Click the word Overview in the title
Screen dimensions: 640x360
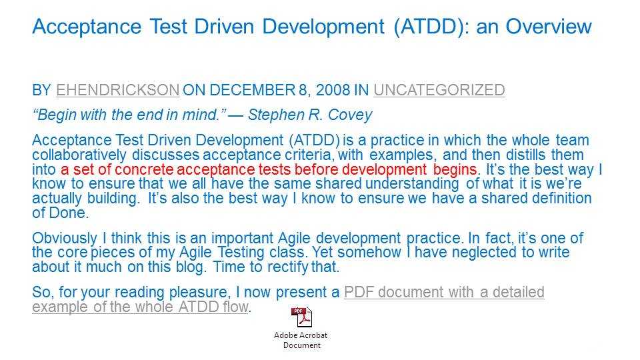[549, 27]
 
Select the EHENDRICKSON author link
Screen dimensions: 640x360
[117, 90]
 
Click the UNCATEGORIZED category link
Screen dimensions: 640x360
[439, 90]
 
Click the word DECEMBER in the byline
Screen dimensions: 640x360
[252, 90]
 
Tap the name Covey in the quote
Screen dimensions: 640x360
[350, 115]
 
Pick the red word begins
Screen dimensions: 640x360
[455, 170]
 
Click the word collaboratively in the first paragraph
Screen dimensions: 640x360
[79, 155]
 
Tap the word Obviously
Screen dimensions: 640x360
[65, 238]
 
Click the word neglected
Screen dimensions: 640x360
[484, 252]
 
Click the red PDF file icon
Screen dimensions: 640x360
[301, 317]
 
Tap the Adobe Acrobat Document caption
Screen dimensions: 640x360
[301, 340]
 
